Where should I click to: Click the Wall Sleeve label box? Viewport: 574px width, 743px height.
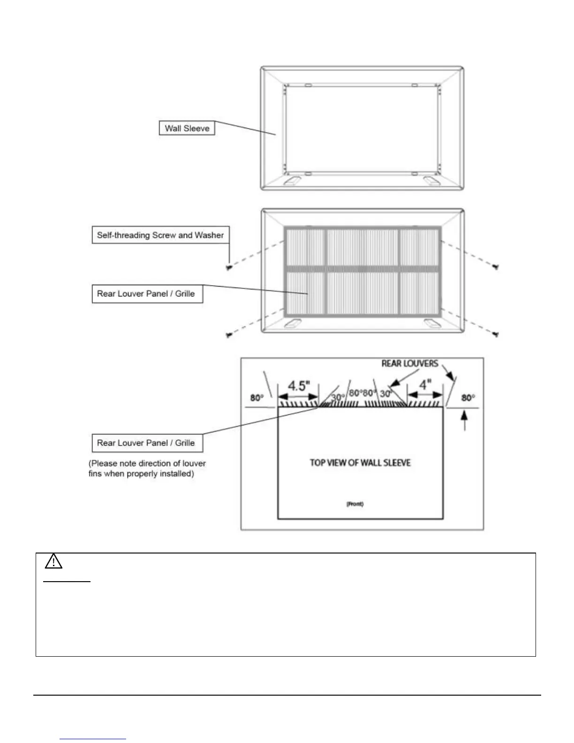[187, 129]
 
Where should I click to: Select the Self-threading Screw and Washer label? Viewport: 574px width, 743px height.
[160, 235]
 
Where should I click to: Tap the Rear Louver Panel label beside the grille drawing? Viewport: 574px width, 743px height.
[146, 294]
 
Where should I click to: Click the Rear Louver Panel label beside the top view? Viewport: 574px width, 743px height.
[146, 443]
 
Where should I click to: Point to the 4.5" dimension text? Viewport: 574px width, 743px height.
[299, 386]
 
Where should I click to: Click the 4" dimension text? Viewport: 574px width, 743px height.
[425, 385]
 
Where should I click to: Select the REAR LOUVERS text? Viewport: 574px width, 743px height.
[410, 364]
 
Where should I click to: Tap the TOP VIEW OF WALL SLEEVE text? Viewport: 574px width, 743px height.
[360, 463]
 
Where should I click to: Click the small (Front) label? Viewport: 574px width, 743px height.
[355, 504]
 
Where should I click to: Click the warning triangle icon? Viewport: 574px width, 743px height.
[54, 561]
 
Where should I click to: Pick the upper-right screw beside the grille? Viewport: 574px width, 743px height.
[496, 266]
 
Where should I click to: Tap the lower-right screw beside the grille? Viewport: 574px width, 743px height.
[496, 334]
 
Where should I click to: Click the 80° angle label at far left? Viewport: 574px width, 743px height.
[257, 398]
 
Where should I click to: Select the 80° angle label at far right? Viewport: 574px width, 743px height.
[468, 398]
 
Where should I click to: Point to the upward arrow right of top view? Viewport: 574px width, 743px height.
[465, 420]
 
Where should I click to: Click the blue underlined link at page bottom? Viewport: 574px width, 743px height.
[93, 739]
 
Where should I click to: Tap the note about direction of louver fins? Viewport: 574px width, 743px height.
[147, 469]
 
